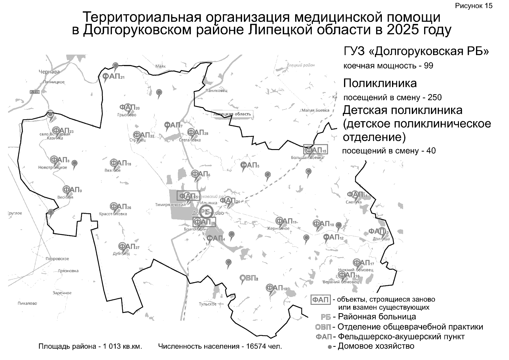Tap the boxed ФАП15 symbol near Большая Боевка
tap(316, 150)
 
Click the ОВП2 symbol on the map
tap(249, 278)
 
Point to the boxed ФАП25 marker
tap(204, 222)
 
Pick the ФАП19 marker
tap(276, 288)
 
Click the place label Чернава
tap(49, 72)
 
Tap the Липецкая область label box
tap(232, 114)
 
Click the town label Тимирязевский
tap(170, 205)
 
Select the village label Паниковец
tap(216, 90)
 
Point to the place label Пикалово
tap(27, 303)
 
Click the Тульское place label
tap(208, 304)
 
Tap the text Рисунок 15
tap(474, 6)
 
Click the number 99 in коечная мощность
tap(428, 66)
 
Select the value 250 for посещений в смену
tap(435, 97)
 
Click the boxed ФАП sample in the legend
tap(321, 300)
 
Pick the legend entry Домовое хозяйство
tap(376, 346)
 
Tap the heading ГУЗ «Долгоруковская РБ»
tap(416, 52)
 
